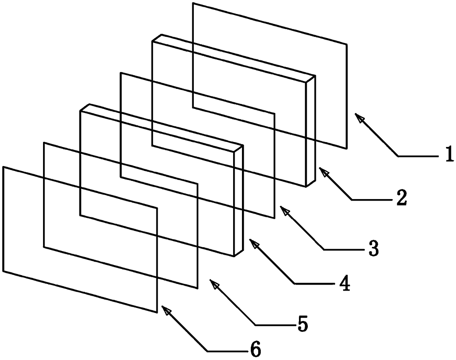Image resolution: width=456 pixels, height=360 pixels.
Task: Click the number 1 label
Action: (x=448, y=155)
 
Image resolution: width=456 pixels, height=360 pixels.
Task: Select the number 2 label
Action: (x=401, y=198)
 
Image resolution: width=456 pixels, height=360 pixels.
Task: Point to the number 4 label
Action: (x=344, y=283)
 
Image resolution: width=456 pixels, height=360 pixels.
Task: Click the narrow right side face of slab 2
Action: (x=311, y=131)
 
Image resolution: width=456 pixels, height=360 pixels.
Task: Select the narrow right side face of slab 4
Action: (x=239, y=201)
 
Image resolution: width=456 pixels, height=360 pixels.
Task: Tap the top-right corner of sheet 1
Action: (x=346, y=44)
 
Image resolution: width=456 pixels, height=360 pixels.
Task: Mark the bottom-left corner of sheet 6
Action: (x=4, y=272)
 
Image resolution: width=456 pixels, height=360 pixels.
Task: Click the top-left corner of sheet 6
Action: (x=4, y=167)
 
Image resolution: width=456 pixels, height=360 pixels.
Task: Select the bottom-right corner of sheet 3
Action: (x=274, y=218)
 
